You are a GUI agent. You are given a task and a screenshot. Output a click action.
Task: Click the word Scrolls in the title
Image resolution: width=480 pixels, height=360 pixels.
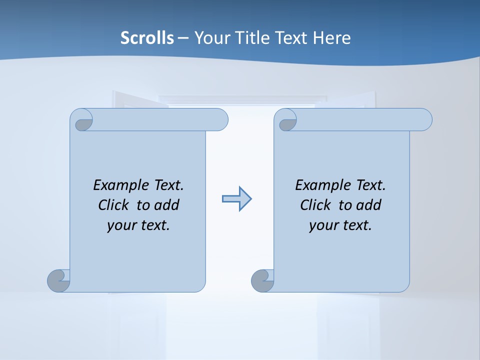(147, 38)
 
